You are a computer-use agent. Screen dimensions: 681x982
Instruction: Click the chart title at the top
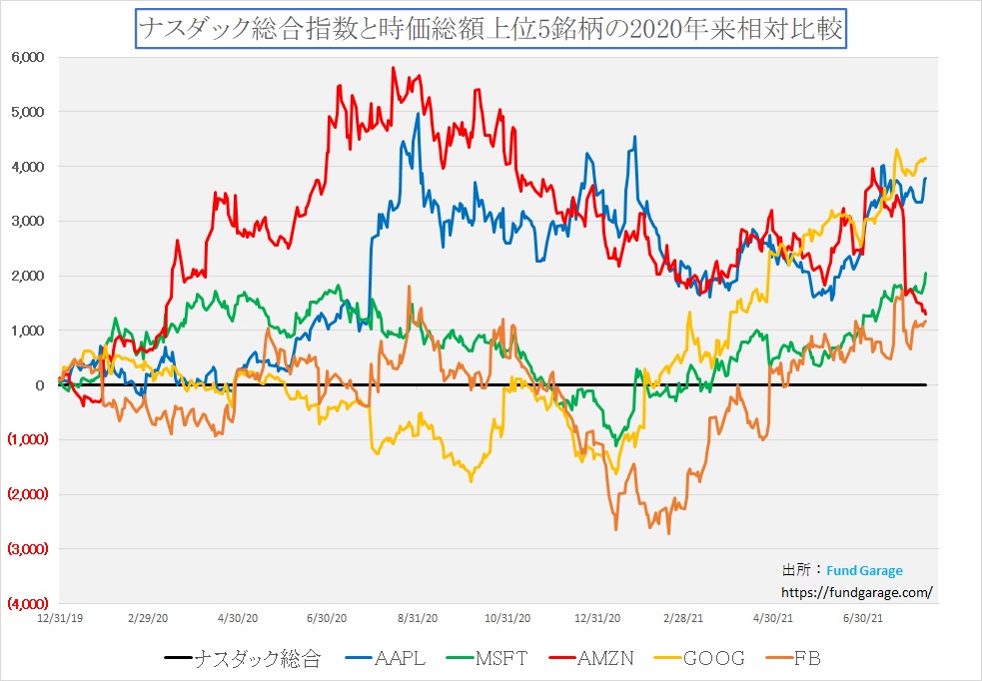[491, 29]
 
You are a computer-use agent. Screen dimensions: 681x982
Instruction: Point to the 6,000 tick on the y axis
[27, 57]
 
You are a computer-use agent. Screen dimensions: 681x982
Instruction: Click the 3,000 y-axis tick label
[27, 221]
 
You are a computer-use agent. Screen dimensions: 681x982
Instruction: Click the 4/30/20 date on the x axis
[238, 618]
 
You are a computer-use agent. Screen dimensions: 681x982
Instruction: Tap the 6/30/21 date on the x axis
[864, 618]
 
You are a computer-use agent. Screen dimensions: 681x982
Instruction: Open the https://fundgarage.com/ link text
[856, 591]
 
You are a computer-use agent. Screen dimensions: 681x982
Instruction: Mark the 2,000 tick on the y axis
[27, 276]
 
